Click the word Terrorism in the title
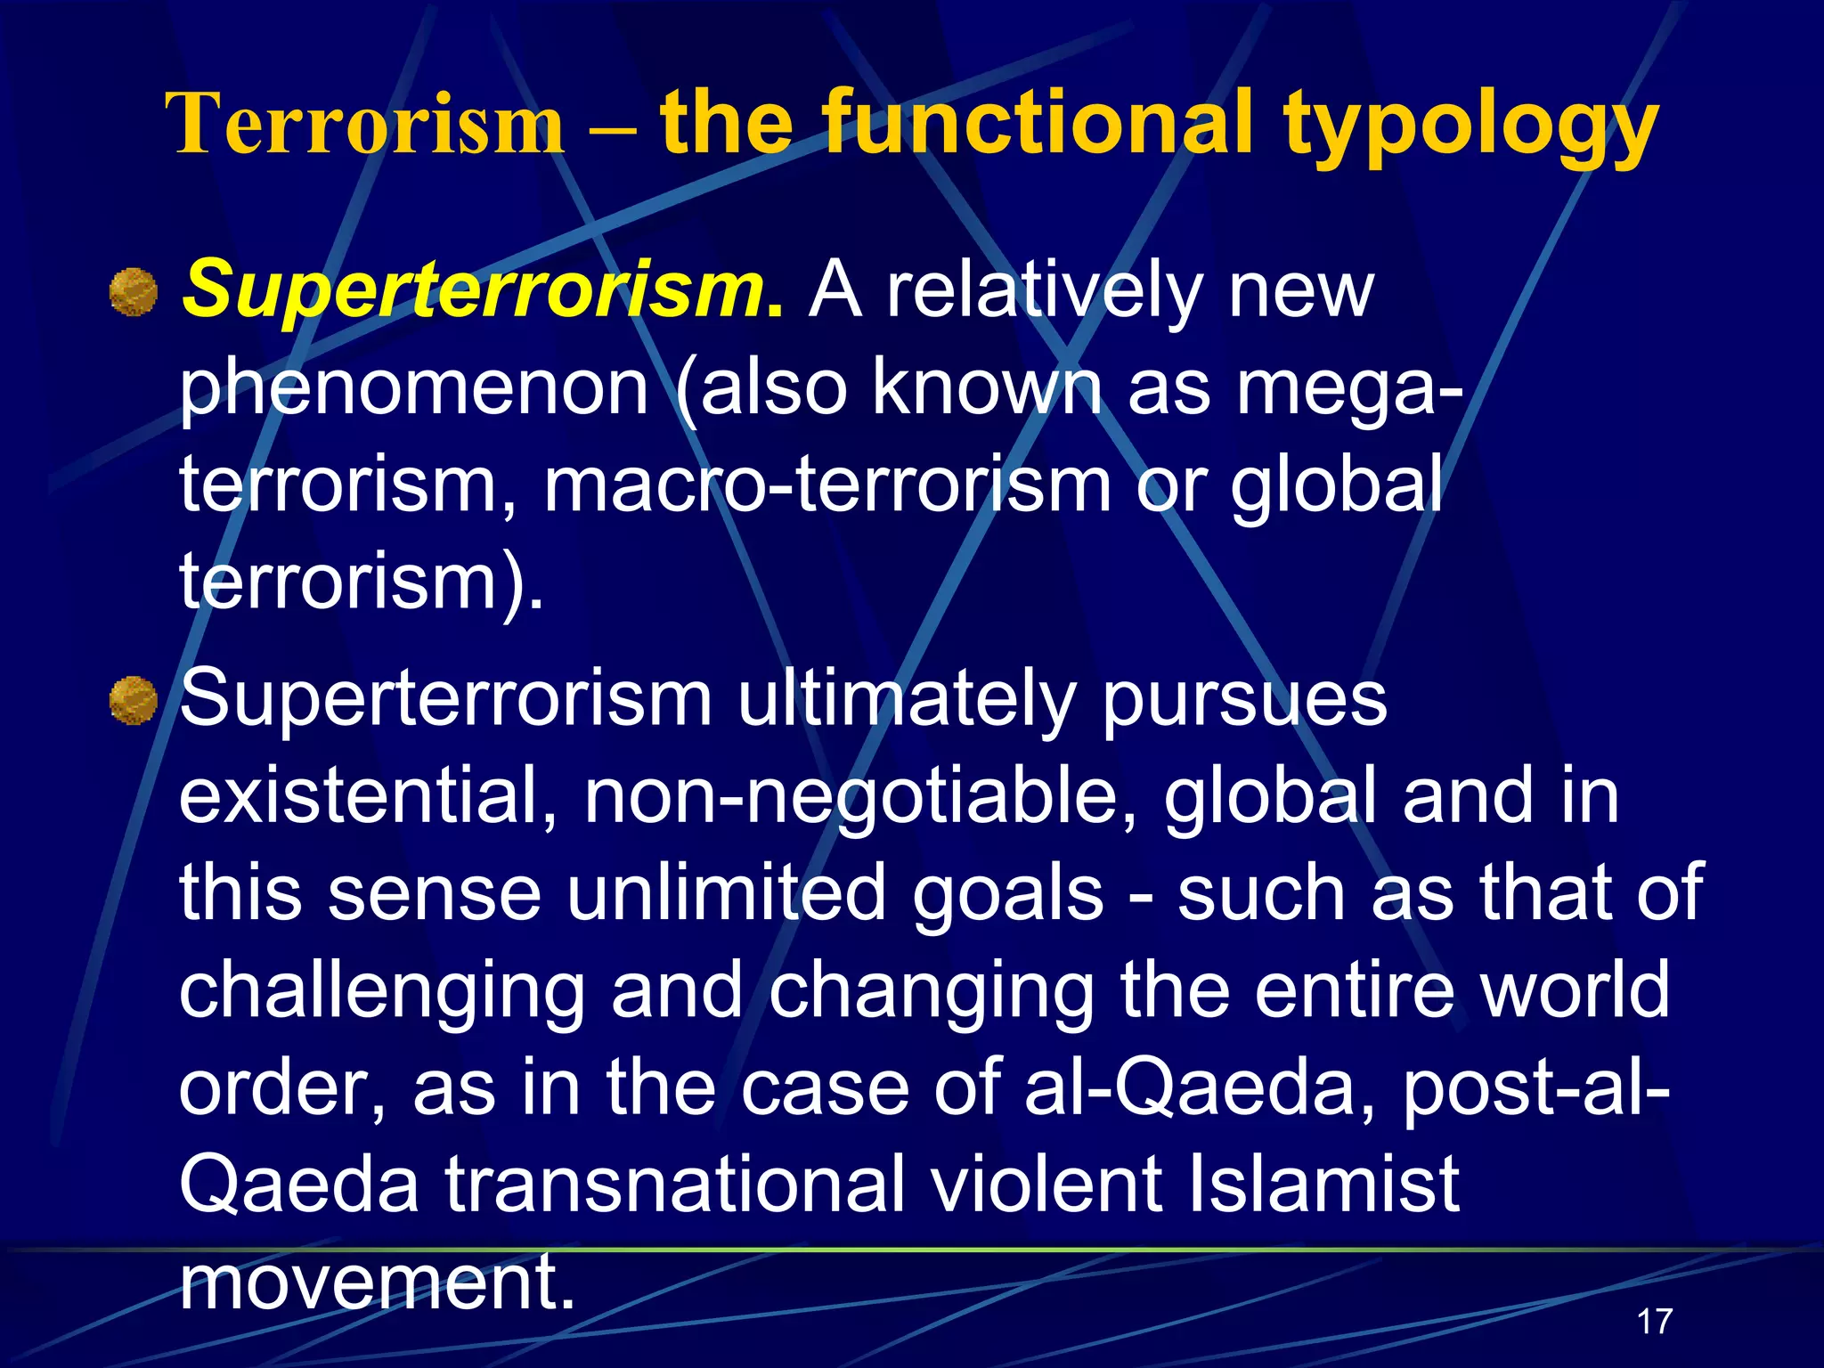pos(365,125)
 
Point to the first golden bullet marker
pos(134,293)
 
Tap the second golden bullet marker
pos(134,700)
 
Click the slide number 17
pos(1655,1321)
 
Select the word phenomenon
pos(414,389)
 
